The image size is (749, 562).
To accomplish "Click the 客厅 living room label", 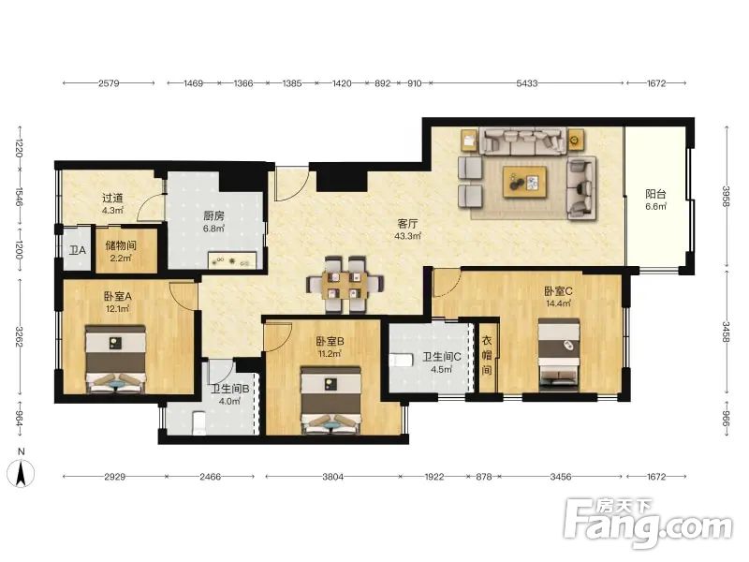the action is (x=408, y=223).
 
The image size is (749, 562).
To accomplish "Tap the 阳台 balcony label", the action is (x=655, y=194).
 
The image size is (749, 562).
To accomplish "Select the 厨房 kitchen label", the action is (x=213, y=216).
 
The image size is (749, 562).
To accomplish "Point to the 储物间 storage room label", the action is (x=121, y=245).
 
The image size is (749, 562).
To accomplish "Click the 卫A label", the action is (x=78, y=250).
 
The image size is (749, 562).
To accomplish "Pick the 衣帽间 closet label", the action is (x=486, y=355).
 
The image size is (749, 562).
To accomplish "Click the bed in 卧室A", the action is (x=115, y=360).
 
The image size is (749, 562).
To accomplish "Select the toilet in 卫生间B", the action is (x=198, y=423).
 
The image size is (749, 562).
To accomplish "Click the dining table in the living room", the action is (x=345, y=285).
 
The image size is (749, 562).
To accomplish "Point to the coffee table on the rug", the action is (x=525, y=182).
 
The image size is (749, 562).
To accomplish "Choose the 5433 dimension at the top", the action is (x=527, y=83).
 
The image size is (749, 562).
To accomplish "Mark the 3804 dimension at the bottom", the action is (x=332, y=477).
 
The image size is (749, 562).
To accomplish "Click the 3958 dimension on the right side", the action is (x=727, y=196).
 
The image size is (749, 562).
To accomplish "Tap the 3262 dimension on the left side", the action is (x=20, y=336).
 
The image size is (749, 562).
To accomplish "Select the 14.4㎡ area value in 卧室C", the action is (x=559, y=303).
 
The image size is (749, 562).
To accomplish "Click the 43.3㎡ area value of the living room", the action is (x=408, y=236).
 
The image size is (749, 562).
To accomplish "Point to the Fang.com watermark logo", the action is (x=649, y=523).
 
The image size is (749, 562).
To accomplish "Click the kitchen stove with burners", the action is (x=232, y=261).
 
